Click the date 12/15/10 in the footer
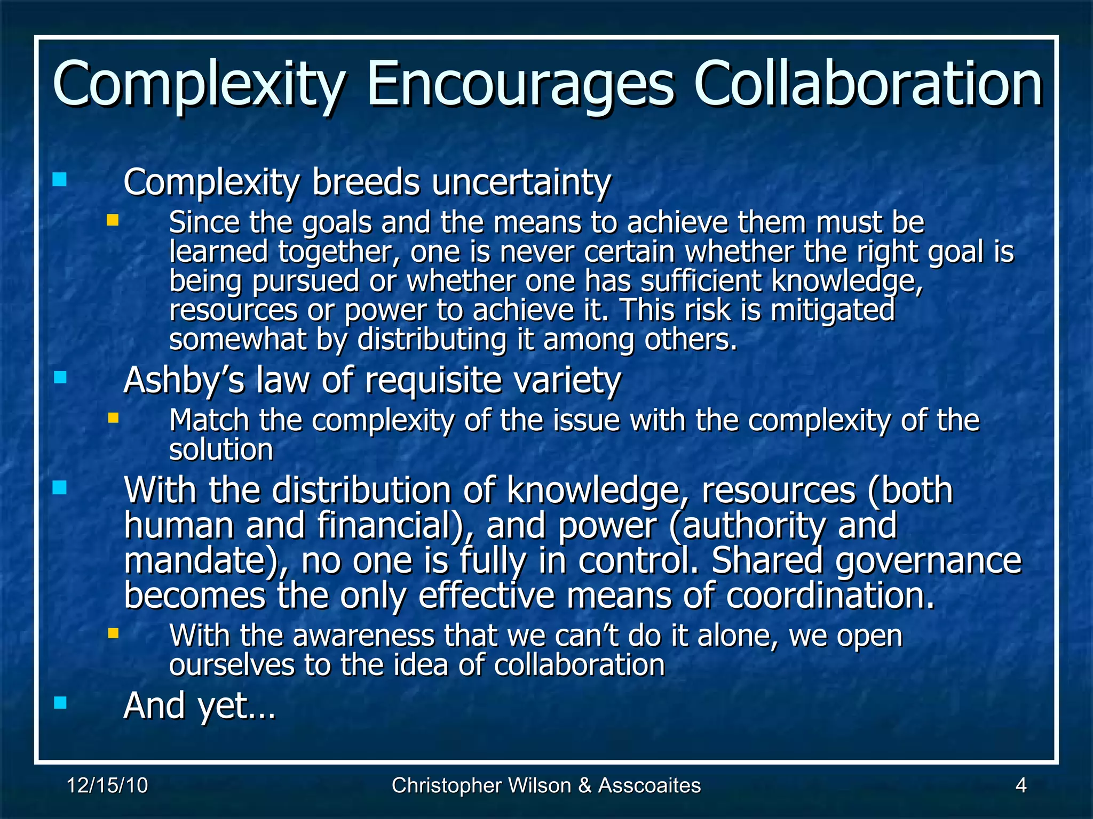click(107, 785)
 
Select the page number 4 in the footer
click(1020, 785)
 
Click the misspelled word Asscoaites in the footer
click(649, 785)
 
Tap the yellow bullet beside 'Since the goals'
click(112, 220)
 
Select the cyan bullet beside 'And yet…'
click(60, 702)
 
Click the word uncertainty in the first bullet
click(521, 183)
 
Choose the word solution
click(221, 449)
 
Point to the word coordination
click(830, 596)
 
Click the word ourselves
click(232, 665)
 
